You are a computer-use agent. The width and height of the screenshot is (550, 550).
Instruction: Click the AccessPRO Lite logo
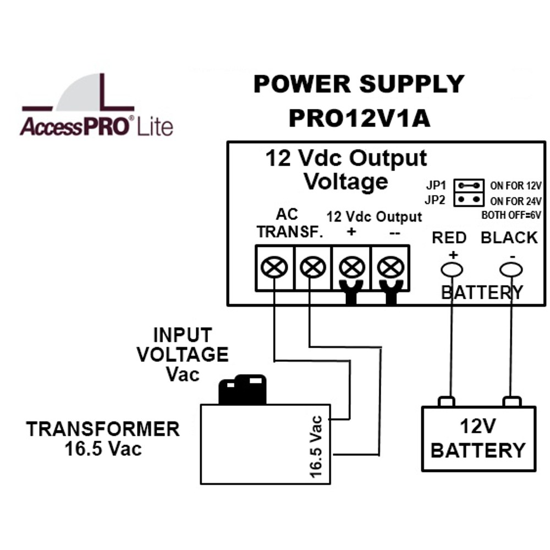[x=96, y=105]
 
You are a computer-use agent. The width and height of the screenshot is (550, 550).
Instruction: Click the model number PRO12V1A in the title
[x=359, y=118]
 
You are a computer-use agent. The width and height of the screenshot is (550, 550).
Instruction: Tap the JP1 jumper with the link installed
[x=469, y=185]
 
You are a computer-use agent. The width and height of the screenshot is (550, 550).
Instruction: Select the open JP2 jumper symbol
[x=469, y=199]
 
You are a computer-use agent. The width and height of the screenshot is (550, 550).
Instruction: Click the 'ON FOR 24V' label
[x=516, y=201]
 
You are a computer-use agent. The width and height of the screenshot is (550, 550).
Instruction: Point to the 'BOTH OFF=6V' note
[x=511, y=215]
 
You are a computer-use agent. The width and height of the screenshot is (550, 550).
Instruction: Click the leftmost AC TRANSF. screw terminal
[x=274, y=267]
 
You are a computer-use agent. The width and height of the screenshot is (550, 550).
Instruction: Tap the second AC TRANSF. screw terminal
[x=313, y=267]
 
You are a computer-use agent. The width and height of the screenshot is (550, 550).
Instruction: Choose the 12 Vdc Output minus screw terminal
[x=391, y=267]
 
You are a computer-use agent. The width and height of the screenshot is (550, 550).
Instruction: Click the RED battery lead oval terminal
[x=452, y=270]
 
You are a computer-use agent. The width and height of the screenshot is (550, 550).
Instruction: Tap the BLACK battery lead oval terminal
[x=511, y=270]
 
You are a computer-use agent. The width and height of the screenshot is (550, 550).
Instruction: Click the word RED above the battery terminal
[x=449, y=238]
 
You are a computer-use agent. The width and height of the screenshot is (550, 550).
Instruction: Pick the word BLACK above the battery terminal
[x=509, y=238]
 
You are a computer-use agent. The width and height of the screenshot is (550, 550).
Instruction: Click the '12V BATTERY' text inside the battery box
[x=478, y=438]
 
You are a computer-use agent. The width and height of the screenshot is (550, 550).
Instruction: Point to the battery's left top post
[x=447, y=402]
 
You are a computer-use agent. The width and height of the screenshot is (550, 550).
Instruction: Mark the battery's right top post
[x=512, y=402]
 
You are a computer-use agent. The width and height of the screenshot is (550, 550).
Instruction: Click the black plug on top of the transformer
[x=243, y=390]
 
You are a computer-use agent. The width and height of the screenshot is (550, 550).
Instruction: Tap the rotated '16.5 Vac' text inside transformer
[x=316, y=447]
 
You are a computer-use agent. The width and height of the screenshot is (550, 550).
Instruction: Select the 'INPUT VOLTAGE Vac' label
[x=183, y=354]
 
